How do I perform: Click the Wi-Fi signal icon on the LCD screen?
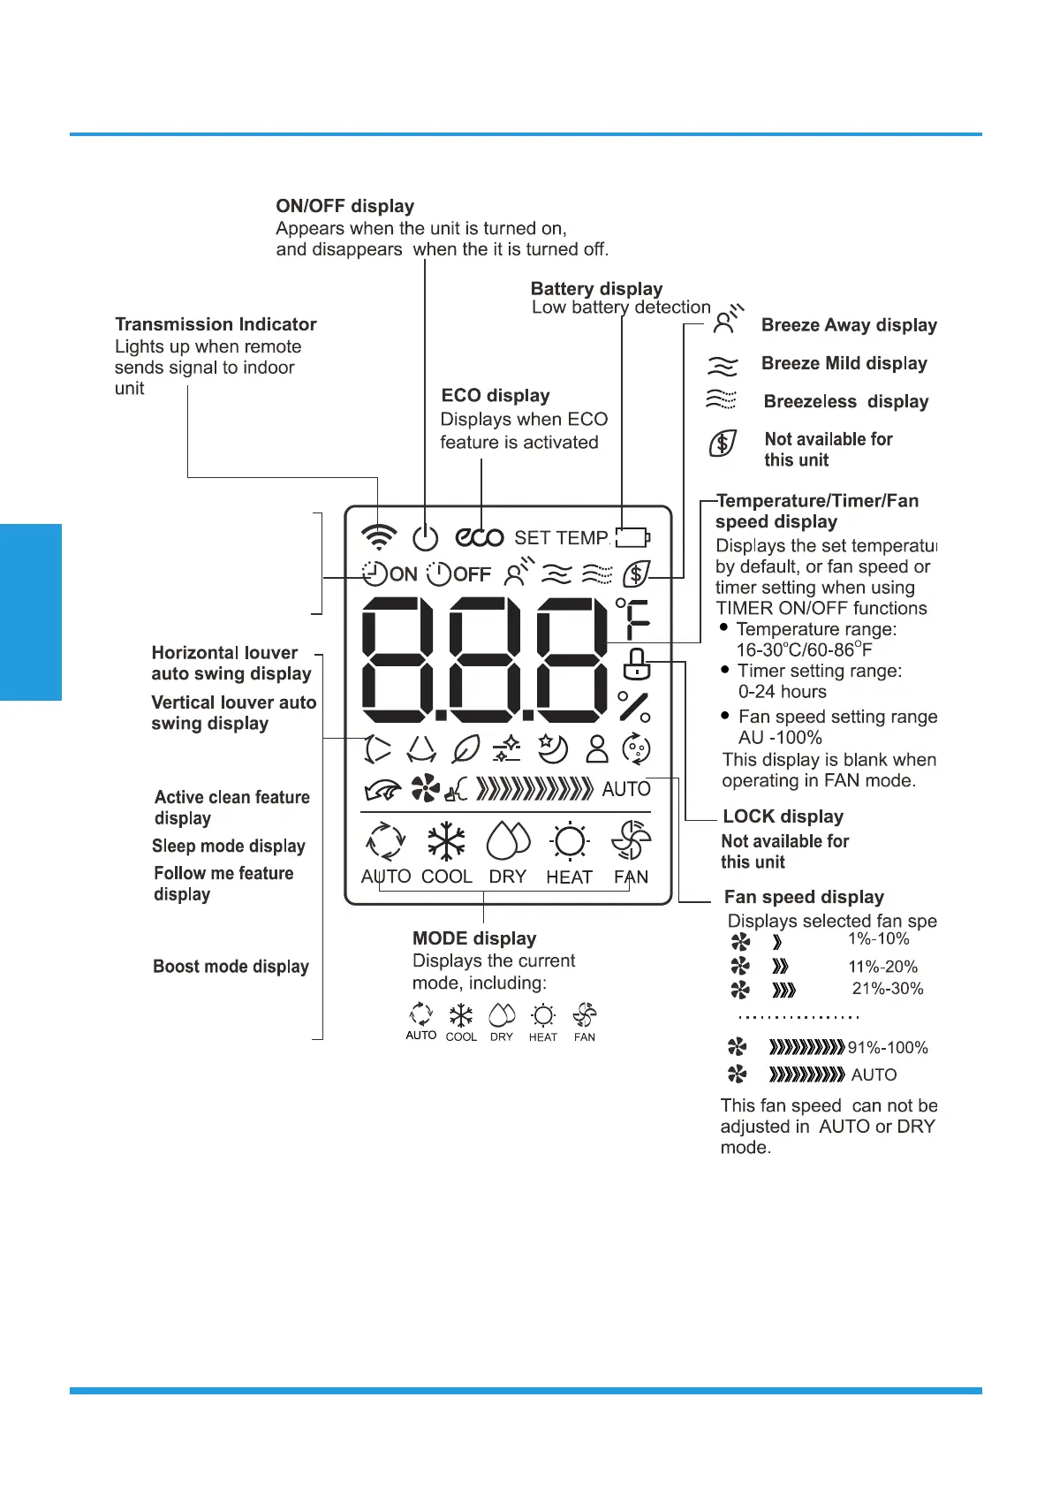click(x=379, y=536)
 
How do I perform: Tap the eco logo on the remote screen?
click(x=480, y=537)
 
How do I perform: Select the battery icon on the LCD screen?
click(x=632, y=537)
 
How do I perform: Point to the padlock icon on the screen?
click(x=636, y=664)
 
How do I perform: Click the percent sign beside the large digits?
click(x=634, y=707)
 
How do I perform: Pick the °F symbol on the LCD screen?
click(x=633, y=618)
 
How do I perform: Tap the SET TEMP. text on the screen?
click(x=562, y=537)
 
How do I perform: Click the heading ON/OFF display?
click(x=344, y=206)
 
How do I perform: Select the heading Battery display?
click(x=596, y=288)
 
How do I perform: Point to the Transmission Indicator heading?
click(x=216, y=324)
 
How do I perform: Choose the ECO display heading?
click(x=496, y=395)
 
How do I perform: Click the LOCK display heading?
click(x=783, y=816)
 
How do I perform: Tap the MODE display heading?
click(x=474, y=938)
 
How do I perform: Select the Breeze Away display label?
click(x=849, y=325)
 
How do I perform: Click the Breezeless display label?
click(x=846, y=401)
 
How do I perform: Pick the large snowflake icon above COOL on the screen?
click(x=446, y=842)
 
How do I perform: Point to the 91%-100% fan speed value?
click(x=888, y=1048)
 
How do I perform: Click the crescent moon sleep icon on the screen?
click(x=553, y=749)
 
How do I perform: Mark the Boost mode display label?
click(x=231, y=967)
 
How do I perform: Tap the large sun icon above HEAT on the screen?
click(x=569, y=842)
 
